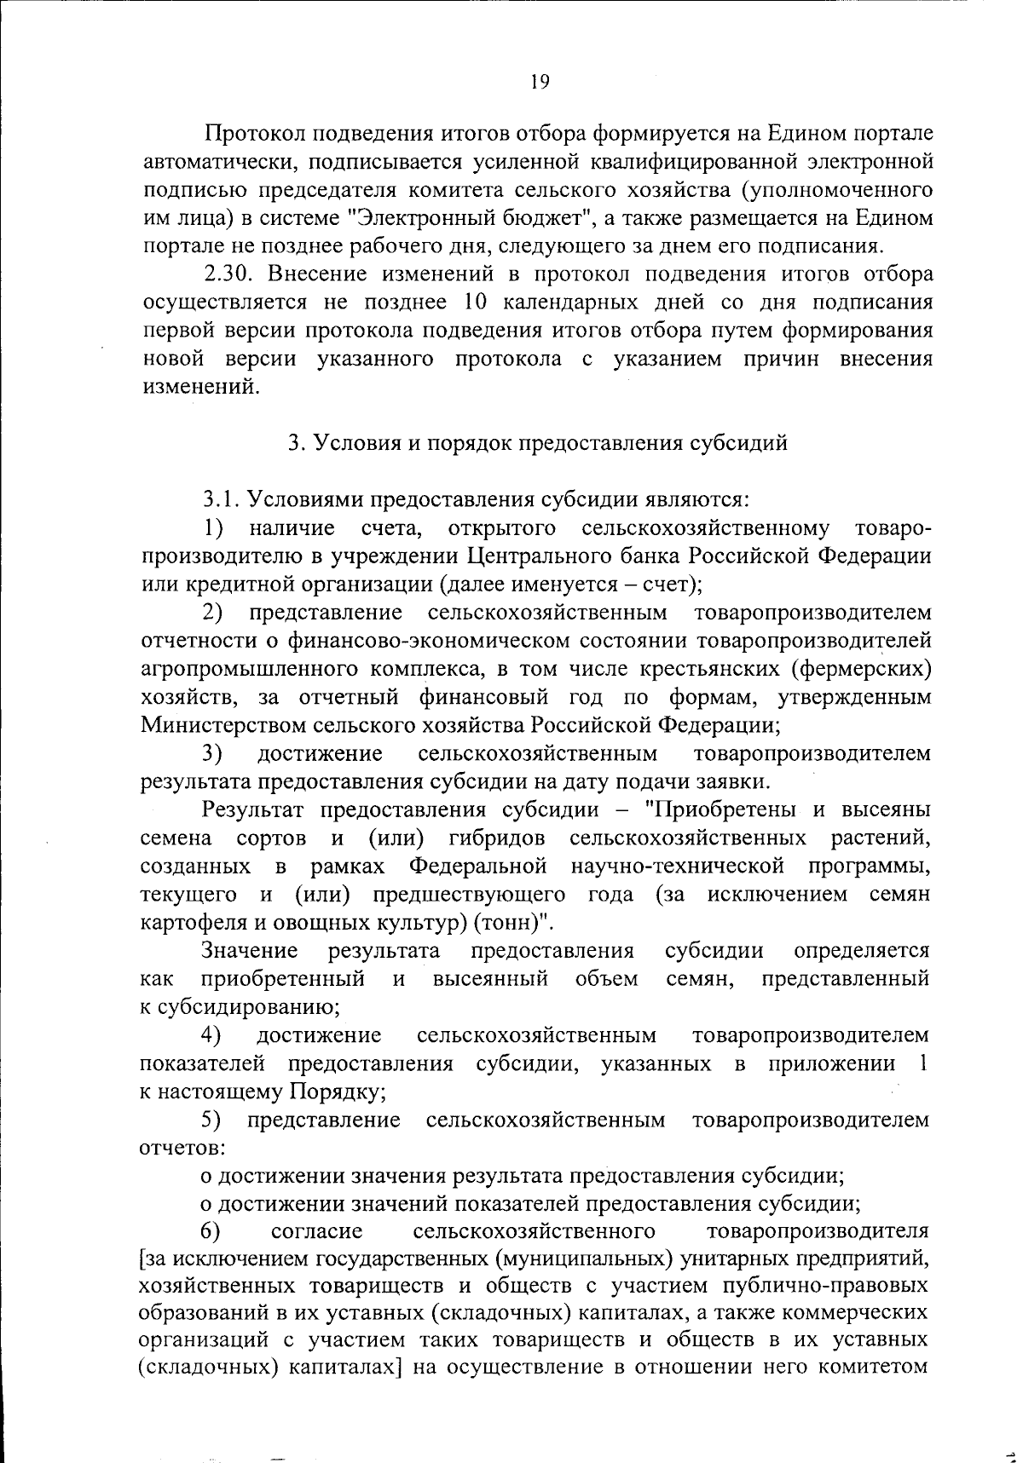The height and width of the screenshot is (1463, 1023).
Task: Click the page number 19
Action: pos(540,82)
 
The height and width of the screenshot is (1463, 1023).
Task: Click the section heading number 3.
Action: pos(293,443)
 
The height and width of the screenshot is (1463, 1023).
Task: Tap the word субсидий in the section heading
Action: pos(738,443)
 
